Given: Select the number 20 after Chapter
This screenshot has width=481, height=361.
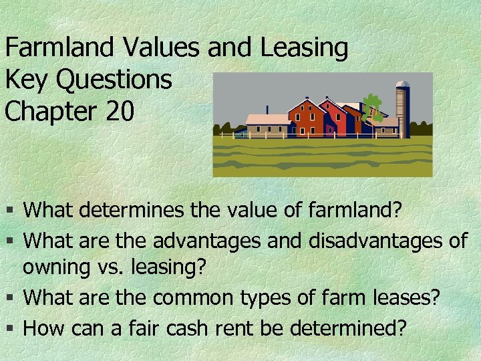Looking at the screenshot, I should tap(119, 112).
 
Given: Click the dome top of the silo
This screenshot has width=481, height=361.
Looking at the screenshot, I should tap(402, 86).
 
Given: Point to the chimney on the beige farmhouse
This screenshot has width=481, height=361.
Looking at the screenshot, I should tap(267, 110).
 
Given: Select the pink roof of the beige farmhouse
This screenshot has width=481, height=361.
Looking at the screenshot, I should tap(267, 120).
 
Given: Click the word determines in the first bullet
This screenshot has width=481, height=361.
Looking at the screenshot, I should tap(134, 211).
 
